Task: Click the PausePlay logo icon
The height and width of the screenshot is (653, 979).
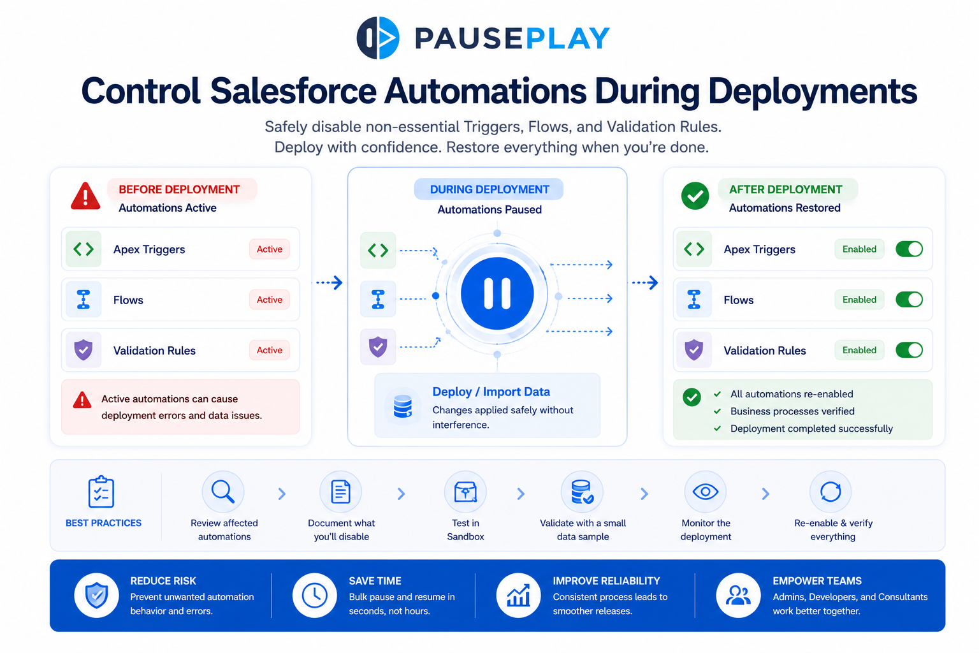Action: pyautogui.click(x=378, y=38)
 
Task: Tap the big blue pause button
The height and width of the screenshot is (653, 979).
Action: pyautogui.click(x=497, y=293)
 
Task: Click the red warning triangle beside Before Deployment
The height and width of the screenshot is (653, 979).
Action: pyautogui.click(x=85, y=196)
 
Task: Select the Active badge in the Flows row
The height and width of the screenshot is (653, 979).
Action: pyautogui.click(x=269, y=300)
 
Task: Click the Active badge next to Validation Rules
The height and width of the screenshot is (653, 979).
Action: pyautogui.click(x=269, y=350)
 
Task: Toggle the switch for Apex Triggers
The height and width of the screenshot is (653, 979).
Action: pyautogui.click(x=909, y=249)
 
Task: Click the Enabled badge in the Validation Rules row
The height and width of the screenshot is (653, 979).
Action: pyautogui.click(x=859, y=350)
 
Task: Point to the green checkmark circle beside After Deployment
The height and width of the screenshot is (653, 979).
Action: pyautogui.click(x=695, y=196)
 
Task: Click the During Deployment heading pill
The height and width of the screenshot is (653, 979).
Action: pyautogui.click(x=489, y=189)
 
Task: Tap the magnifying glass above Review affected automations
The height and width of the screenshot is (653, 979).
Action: pyautogui.click(x=223, y=492)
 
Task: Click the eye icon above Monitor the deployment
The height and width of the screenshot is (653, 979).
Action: pyautogui.click(x=706, y=492)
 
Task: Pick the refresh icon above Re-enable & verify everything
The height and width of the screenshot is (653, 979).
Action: pyautogui.click(x=830, y=492)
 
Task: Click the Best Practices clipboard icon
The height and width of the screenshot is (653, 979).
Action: pyautogui.click(x=101, y=492)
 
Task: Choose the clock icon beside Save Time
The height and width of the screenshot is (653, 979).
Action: pyautogui.click(x=315, y=595)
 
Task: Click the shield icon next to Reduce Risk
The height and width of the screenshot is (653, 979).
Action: pyautogui.click(x=97, y=595)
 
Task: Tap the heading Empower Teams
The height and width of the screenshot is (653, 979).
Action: pyautogui.click(x=817, y=581)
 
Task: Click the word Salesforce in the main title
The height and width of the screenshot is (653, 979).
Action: pyautogui.click(x=293, y=91)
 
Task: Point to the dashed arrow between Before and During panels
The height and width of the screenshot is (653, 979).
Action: pyautogui.click(x=329, y=282)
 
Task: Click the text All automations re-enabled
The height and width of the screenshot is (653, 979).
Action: pyautogui.click(x=792, y=394)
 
